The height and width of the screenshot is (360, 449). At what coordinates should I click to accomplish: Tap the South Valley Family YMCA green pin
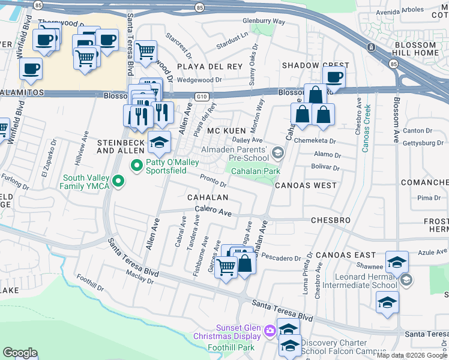point(118,181)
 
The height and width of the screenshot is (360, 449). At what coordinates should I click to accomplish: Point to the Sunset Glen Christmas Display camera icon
point(270,330)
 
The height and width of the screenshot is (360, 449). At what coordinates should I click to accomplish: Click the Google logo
point(20,353)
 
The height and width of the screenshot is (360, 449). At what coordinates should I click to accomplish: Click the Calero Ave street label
point(213,211)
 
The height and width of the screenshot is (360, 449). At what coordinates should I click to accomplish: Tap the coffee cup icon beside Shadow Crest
point(334,76)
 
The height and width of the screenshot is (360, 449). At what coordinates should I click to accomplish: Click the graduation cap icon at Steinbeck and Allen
point(159,142)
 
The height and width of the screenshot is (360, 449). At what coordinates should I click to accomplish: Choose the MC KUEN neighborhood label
point(227,131)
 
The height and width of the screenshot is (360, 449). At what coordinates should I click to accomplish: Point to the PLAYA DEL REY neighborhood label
point(209,66)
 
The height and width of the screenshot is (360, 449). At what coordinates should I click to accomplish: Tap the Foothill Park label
point(231,347)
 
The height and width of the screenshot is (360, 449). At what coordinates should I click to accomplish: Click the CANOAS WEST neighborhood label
point(306,185)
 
